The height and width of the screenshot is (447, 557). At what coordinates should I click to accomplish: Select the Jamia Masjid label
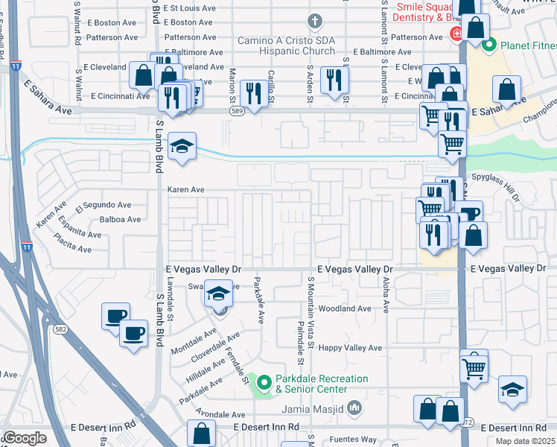coord(312,408)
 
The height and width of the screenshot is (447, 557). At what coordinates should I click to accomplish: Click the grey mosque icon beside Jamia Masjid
coord(354,408)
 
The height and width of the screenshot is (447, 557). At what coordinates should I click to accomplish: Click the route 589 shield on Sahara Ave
coord(237,111)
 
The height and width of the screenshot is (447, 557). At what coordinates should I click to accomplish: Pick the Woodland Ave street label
coord(344,308)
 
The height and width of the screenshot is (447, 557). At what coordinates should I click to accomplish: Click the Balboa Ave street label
coord(120,220)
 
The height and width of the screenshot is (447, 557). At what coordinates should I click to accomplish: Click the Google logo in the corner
coord(25,438)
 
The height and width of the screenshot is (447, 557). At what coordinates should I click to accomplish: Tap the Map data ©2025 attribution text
coord(526,441)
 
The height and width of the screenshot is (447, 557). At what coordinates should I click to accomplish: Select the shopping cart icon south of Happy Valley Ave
coord(474,367)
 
